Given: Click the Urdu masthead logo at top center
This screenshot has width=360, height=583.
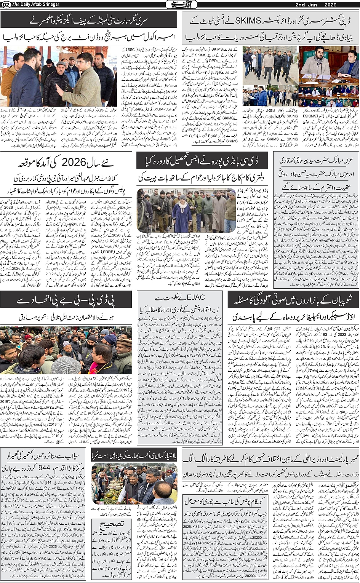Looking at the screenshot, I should point(180,5).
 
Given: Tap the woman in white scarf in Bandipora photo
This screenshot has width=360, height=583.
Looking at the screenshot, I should point(182,212).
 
